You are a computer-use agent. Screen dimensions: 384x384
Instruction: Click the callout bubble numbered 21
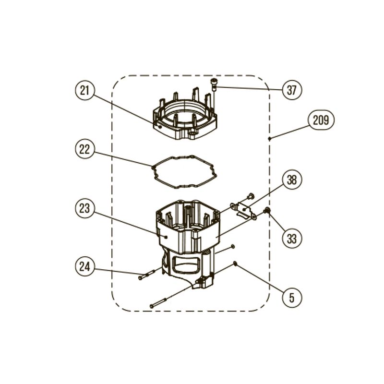click(x=85, y=91)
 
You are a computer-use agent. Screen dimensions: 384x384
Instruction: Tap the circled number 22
click(x=85, y=149)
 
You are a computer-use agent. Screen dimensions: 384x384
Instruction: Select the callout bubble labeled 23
click(x=85, y=208)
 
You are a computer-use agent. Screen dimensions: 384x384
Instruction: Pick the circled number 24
click(x=85, y=266)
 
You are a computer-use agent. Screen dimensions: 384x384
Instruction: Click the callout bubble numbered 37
click(x=292, y=90)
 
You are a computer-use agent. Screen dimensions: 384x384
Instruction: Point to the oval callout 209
click(x=321, y=120)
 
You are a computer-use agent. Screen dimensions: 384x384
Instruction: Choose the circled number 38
click(x=292, y=180)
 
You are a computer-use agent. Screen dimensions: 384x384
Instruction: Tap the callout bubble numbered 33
click(x=292, y=239)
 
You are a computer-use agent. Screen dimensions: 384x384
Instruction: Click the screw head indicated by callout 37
click(x=214, y=82)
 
